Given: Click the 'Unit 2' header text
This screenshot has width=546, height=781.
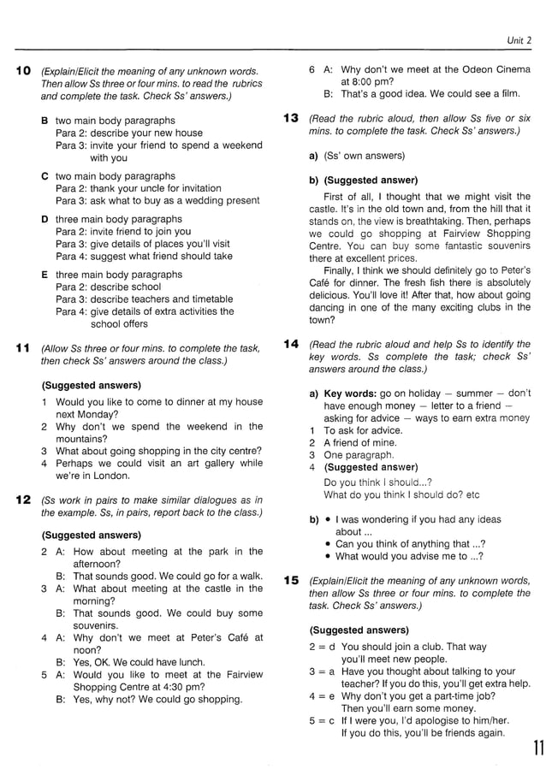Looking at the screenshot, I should click(x=519, y=39).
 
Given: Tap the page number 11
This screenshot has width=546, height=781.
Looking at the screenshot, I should click(x=535, y=750).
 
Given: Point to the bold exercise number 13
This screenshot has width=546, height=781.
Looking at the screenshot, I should click(x=290, y=118).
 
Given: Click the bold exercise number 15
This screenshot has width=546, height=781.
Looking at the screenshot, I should click(x=290, y=580).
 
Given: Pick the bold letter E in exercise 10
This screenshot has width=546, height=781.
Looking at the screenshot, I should click(x=45, y=275).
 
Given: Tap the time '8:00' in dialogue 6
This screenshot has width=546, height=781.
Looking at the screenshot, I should click(x=365, y=82).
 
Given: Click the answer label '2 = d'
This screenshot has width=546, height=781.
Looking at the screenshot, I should click(x=322, y=647).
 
